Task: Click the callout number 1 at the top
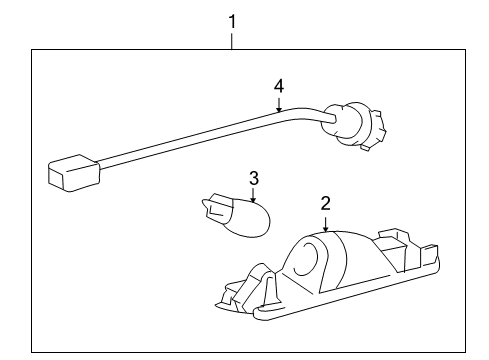(x=232, y=18)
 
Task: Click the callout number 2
(x=324, y=203)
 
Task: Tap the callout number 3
(x=254, y=178)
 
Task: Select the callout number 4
(x=279, y=88)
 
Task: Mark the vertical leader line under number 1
(x=232, y=39)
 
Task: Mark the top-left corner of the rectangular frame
(x=33, y=51)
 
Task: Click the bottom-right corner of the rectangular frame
(x=457, y=352)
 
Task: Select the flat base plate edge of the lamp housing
(x=350, y=311)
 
